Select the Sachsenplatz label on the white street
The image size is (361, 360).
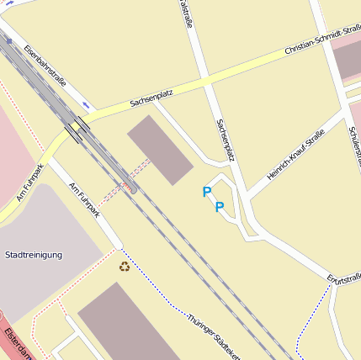point(223,139)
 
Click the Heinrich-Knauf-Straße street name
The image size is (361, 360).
point(295,152)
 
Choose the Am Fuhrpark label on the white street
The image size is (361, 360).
point(84,201)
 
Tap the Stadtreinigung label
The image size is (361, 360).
point(34,254)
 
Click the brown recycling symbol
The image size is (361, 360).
point(125,267)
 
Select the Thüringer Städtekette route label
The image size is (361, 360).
point(214,336)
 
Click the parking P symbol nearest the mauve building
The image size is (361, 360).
point(206,192)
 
